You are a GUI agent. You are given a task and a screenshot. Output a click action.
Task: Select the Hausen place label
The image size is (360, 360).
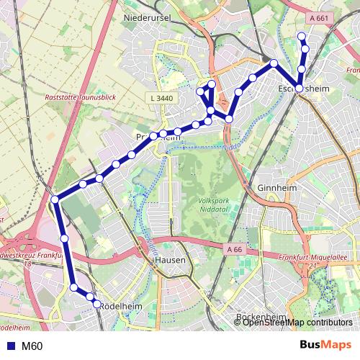click(170, 261)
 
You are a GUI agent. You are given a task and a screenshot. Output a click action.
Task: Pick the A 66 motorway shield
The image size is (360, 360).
click(233, 249)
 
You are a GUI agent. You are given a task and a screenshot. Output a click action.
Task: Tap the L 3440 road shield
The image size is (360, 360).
click(163, 97)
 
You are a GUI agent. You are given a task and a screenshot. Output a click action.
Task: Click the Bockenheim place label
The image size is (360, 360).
click(262, 318)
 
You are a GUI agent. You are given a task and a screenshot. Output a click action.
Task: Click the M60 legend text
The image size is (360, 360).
click(32, 346)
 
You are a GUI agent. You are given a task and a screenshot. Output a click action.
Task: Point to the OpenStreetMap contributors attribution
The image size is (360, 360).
click(297, 323)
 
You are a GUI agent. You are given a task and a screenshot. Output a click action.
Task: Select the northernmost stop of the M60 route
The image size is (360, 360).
click(301, 37)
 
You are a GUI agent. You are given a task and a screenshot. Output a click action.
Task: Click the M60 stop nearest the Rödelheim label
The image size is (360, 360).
click(97, 305)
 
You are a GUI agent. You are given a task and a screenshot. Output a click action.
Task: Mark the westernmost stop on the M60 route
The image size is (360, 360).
click(55, 199)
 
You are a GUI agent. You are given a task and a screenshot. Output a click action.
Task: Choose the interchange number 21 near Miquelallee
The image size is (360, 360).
click(313, 266)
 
